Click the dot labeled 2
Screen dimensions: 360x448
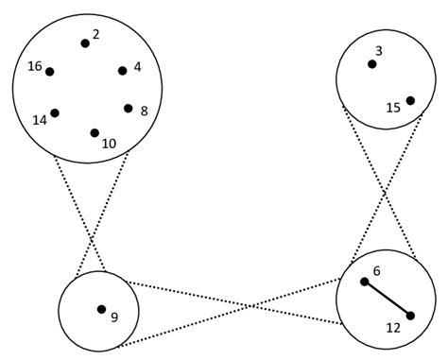click(x=85, y=43)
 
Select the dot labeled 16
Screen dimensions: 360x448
click(x=50, y=71)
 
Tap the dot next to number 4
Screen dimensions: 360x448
click(x=123, y=70)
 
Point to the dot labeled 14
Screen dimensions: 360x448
click(x=55, y=113)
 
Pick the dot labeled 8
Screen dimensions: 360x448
click(x=129, y=108)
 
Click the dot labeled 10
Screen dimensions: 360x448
click(x=95, y=133)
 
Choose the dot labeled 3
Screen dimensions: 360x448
click(x=372, y=64)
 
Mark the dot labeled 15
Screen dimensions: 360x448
click(x=410, y=100)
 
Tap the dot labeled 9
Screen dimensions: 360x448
click(x=101, y=309)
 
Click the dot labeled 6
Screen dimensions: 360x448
click(x=364, y=281)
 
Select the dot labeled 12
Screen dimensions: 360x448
click(x=411, y=316)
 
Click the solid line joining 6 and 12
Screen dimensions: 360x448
click(x=388, y=298)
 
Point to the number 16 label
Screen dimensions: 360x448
click(x=35, y=66)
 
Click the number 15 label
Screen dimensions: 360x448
click(x=395, y=109)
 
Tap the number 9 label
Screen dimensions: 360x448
click(x=113, y=317)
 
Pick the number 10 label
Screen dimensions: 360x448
click(x=109, y=144)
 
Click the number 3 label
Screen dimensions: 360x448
click(x=378, y=50)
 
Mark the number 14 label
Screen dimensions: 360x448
click(x=40, y=121)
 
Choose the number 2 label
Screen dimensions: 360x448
click(x=96, y=34)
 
